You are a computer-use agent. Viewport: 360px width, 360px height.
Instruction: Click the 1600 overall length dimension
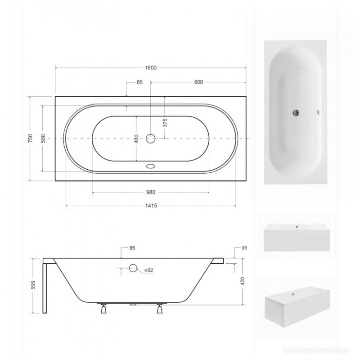[151, 68]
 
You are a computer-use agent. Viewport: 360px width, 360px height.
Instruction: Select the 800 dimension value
[198, 82]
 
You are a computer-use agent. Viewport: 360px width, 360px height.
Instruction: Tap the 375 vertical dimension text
[165, 123]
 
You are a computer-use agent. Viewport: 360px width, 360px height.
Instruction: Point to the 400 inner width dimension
[136, 139]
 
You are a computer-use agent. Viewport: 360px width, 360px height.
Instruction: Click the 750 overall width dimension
[30, 139]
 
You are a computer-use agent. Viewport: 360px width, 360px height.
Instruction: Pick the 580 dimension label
[43, 139]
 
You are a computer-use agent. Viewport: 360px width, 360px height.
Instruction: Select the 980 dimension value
[151, 193]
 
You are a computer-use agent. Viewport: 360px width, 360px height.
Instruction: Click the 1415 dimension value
[151, 206]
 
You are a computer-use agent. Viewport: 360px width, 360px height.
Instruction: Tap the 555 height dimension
[33, 285]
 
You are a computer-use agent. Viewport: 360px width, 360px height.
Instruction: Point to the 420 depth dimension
[243, 281]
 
